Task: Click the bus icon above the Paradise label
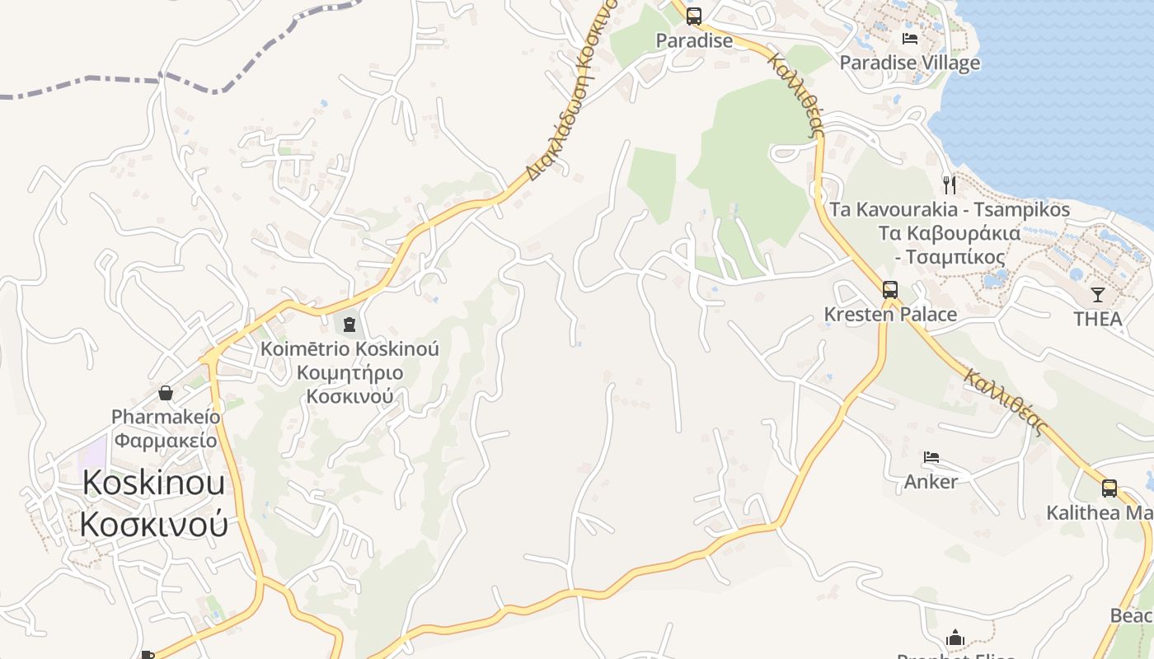(693, 16)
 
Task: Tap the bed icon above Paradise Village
(910, 38)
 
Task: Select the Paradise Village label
(910, 63)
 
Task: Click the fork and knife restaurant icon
(950, 185)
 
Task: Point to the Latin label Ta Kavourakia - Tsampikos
(950, 209)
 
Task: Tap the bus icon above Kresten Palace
(890, 290)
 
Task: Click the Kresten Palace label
(890, 315)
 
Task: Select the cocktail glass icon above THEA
(1098, 294)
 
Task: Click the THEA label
(1098, 319)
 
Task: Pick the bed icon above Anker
(931, 457)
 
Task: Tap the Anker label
(931, 481)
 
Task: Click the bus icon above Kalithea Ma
(1109, 488)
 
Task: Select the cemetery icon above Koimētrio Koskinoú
(349, 325)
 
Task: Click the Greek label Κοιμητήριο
(349, 373)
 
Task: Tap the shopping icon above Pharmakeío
(166, 392)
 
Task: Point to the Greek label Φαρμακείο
(166, 441)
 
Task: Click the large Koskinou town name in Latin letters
(153, 483)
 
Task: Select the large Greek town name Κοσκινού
(153, 524)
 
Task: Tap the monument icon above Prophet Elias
(955, 638)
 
